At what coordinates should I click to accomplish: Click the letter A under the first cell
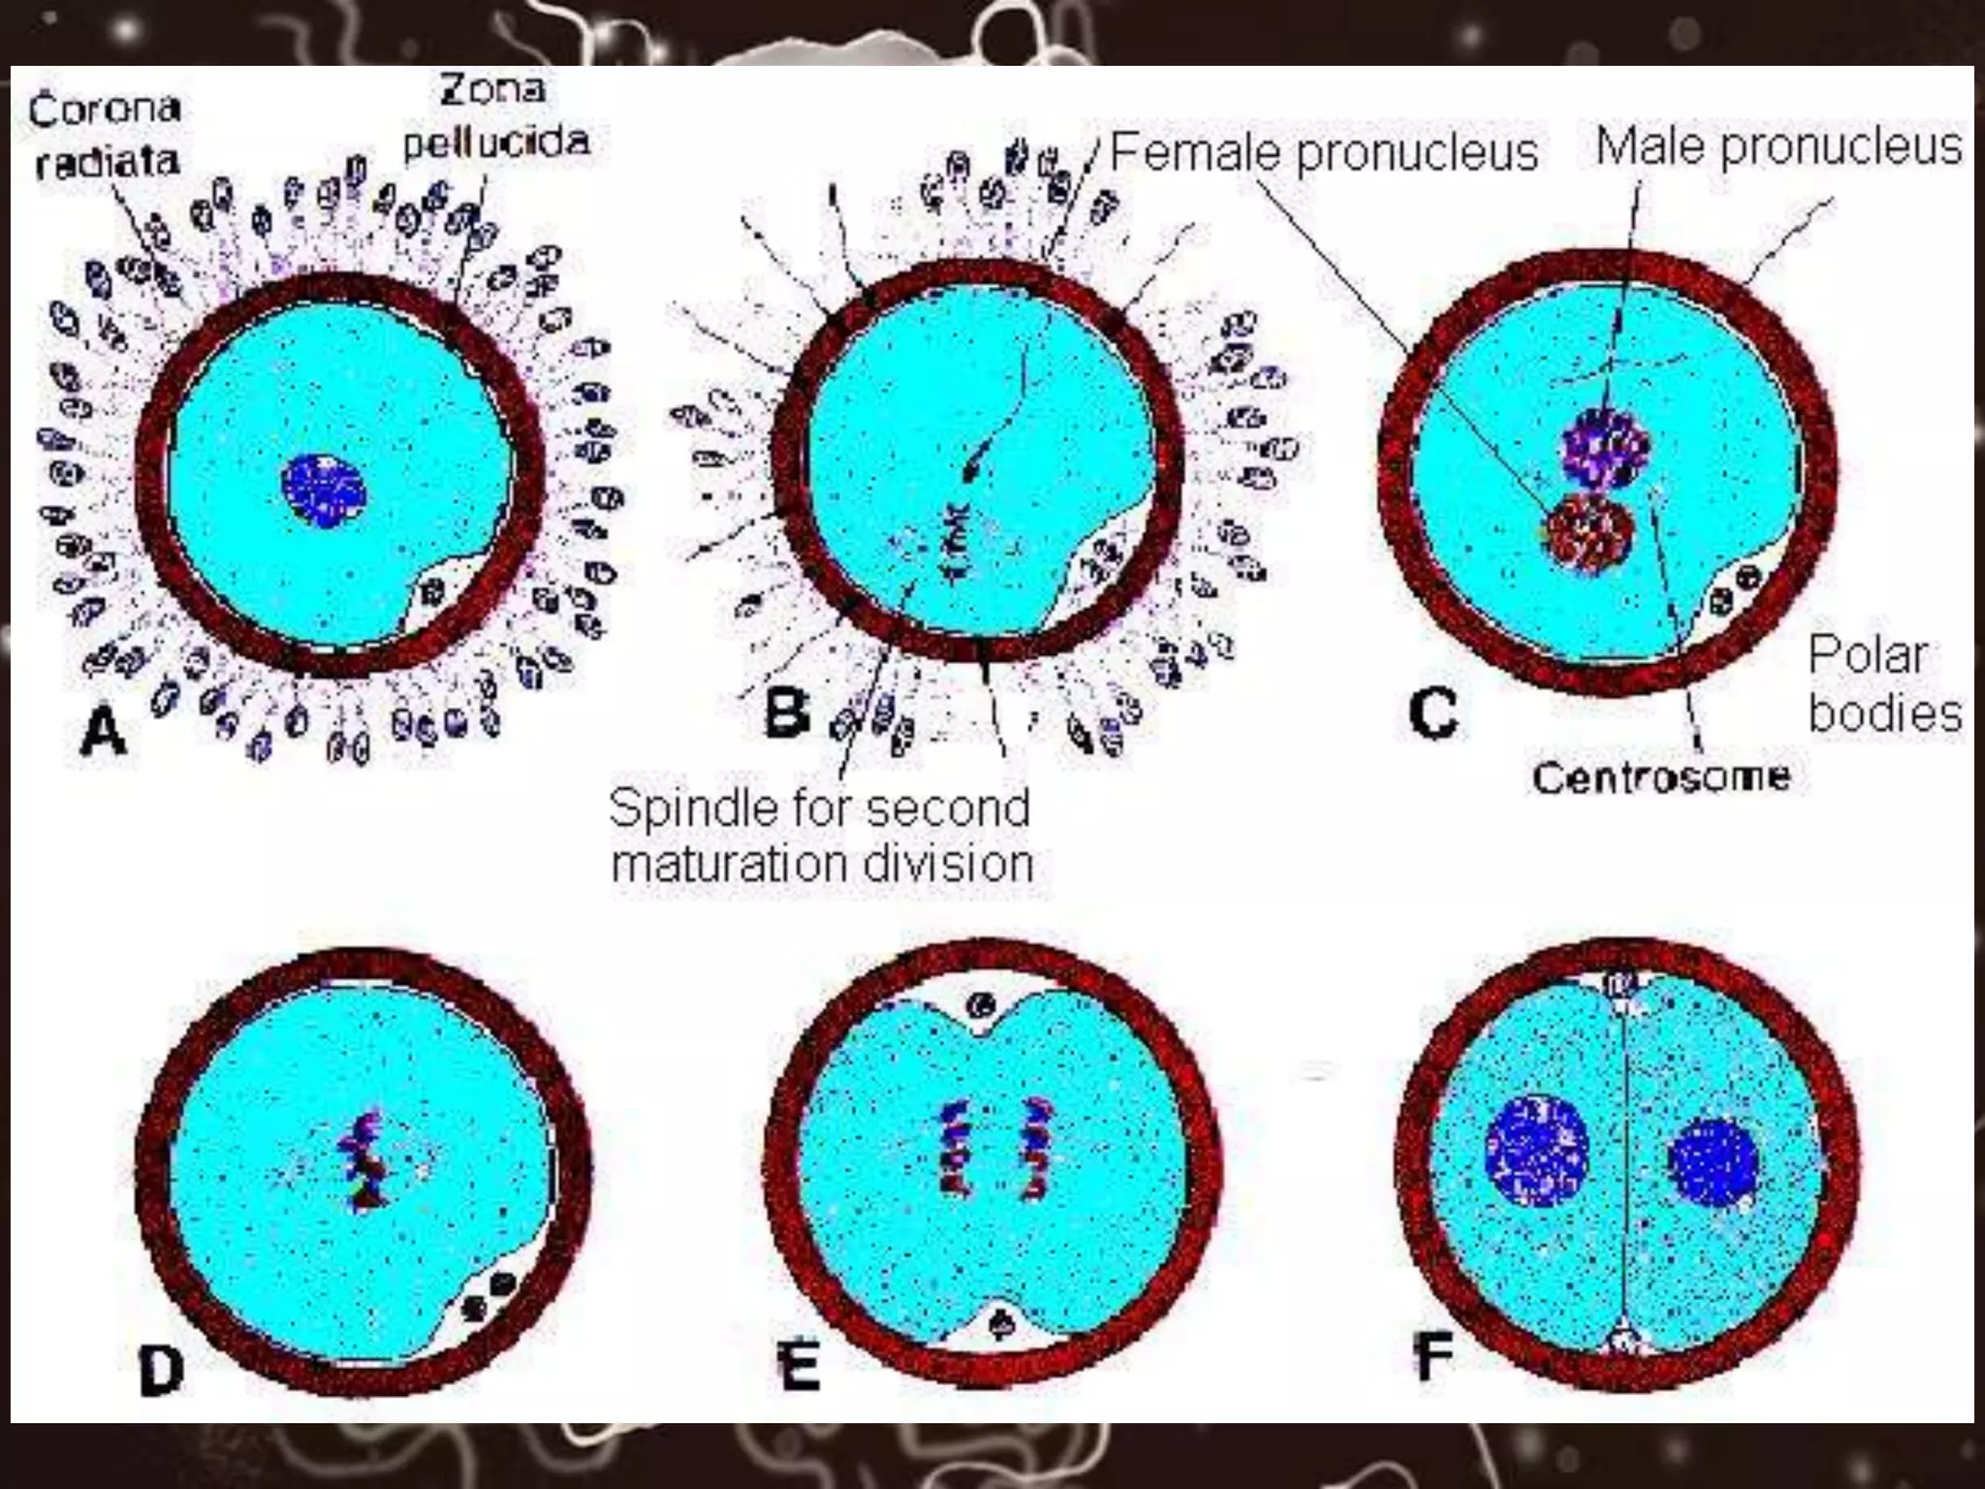[104, 732]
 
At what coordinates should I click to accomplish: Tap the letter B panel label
[786, 714]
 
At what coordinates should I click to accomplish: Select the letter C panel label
[1433, 714]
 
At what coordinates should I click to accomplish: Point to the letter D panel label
[162, 1370]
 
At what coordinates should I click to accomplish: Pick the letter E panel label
[801, 1366]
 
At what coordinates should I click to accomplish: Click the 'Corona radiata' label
[105, 135]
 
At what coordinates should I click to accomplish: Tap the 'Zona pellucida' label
[495, 116]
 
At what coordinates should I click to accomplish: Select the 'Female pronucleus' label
[1324, 152]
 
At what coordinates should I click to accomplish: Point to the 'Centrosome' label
[1661, 776]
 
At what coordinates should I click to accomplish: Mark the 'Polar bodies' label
[1883, 683]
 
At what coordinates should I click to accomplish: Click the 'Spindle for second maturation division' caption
[821, 836]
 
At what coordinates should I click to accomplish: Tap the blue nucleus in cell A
[324, 491]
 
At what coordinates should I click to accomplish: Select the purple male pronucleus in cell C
[1606, 448]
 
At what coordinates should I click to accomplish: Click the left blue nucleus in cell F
[1538, 1151]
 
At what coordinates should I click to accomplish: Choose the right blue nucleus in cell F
[1714, 1162]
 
